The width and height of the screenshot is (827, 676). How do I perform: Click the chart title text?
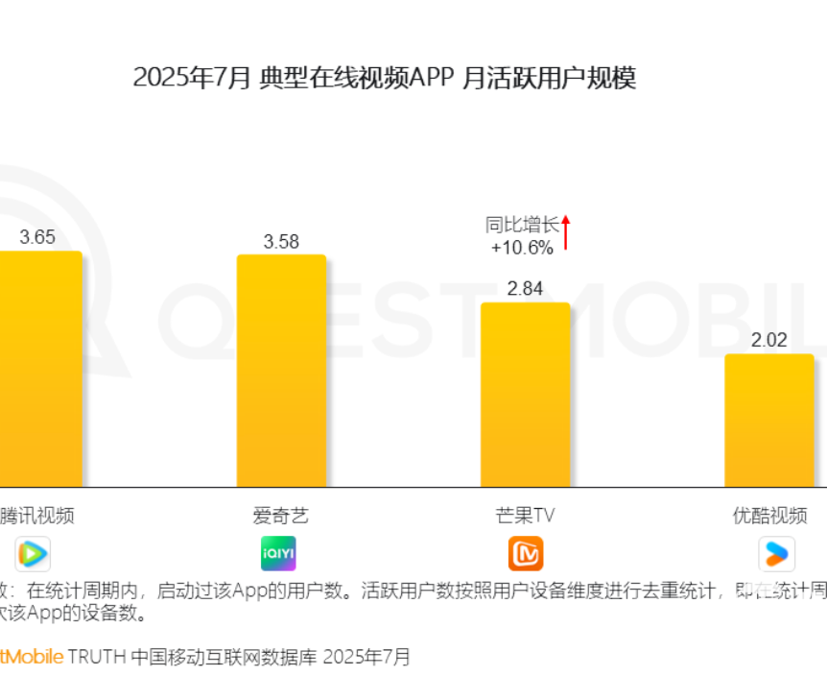point(384,78)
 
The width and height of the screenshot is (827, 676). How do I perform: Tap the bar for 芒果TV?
point(525,395)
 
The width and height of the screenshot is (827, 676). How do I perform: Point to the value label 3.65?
point(37,237)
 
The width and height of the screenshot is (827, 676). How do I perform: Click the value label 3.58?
point(281,241)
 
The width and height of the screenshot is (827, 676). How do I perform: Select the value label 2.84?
point(525,289)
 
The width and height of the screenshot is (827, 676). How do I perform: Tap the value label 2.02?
point(768,340)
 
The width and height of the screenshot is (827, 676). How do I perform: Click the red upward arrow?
point(566,231)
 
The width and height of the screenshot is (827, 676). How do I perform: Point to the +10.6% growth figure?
point(522,248)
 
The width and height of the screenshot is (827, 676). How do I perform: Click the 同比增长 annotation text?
point(521,226)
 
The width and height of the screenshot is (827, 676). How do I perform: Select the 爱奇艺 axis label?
point(281,516)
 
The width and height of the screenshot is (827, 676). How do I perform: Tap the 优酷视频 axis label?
point(769,516)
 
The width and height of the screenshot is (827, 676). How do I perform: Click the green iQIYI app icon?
point(279,554)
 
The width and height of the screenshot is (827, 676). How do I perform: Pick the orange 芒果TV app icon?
point(526,554)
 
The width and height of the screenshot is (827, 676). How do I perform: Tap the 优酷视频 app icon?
point(776,554)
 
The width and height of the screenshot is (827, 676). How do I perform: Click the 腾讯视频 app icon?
point(33,554)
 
